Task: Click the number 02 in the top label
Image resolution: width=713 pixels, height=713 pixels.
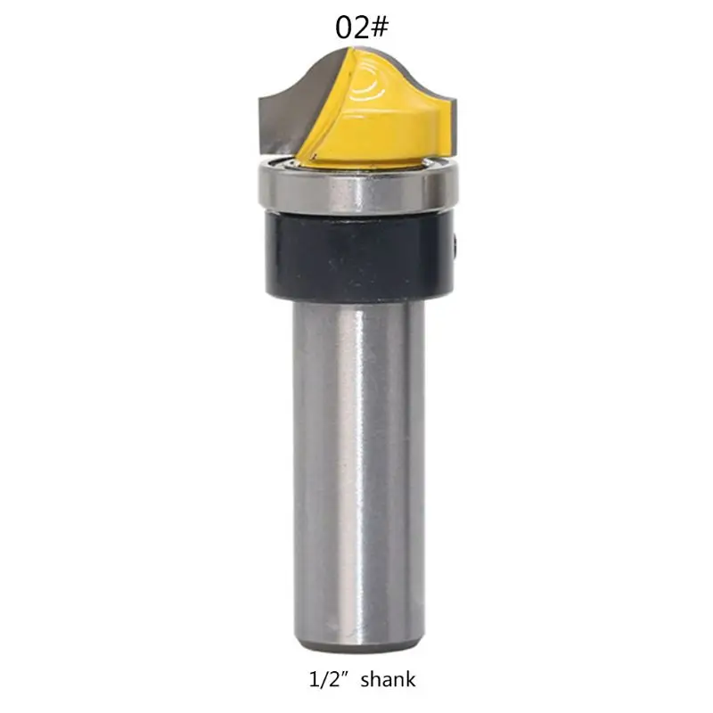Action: click(x=350, y=28)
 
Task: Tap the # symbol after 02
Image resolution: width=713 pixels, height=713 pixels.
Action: click(x=378, y=28)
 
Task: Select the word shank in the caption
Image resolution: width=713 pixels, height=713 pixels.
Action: click(x=387, y=680)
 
